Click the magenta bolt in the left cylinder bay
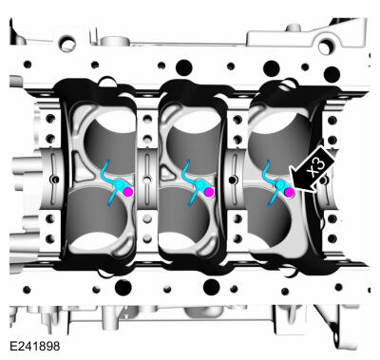coord(127,192)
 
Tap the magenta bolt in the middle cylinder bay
coord(208,192)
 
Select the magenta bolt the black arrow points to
coord(289,192)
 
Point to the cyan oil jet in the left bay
coord(113,183)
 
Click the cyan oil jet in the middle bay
coord(194,183)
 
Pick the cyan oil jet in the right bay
coord(275,183)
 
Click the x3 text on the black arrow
coord(317,167)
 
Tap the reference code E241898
coord(35,346)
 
